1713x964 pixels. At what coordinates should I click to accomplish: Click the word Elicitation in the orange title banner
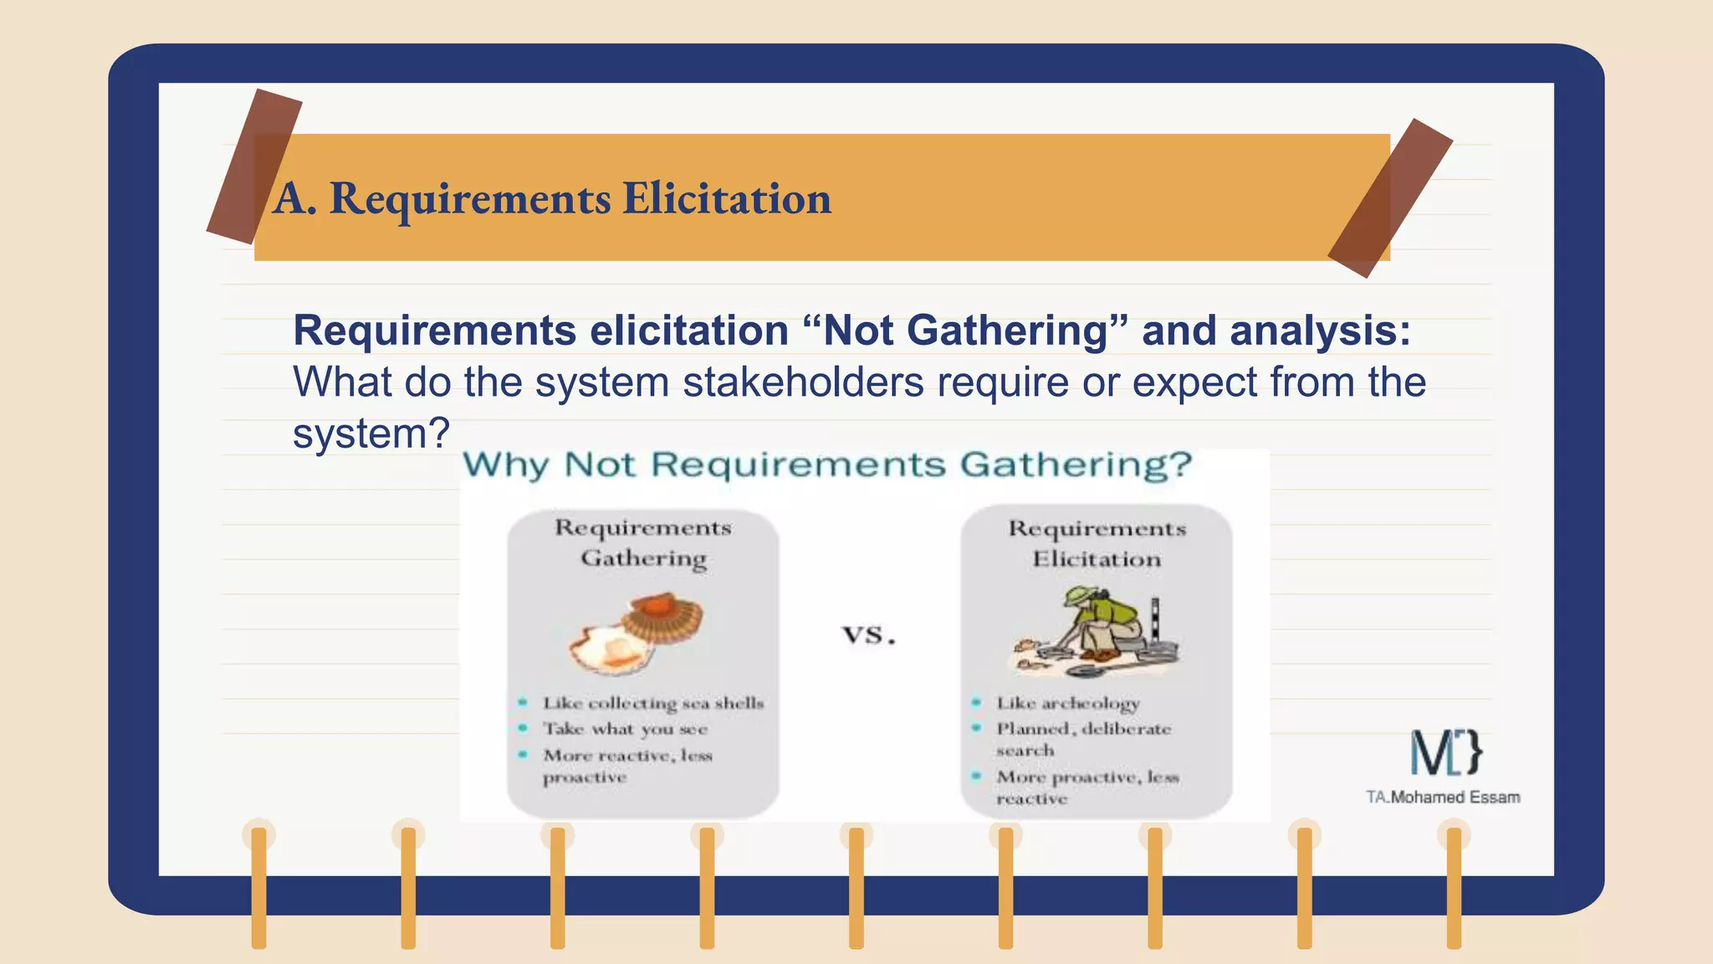point(726,199)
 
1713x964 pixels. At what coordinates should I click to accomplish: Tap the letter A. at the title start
point(294,199)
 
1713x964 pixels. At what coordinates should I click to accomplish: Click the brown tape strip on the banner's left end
point(253,166)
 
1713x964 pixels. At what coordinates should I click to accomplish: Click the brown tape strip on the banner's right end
point(1390,197)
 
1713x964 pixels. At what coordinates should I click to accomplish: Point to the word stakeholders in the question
point(803,382)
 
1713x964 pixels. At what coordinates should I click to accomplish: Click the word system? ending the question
point(371,433)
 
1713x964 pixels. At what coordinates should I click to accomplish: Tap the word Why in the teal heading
point(506,464)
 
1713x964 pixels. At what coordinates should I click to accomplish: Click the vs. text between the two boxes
point(868,634)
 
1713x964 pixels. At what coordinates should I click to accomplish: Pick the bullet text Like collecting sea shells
point(652,703)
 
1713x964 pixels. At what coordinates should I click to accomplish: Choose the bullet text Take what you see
point(625,729)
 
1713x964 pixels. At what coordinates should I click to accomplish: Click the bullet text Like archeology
point(1067,703)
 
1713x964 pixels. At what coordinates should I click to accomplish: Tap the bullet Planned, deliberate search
point(1082,739)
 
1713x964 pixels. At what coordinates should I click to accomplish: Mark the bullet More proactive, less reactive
point(1087,787)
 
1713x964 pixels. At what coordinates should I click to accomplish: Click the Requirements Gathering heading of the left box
point(643,542)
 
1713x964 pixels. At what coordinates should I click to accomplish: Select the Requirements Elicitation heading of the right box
point(1097,543)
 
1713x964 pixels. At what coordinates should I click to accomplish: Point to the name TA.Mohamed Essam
point(1443,797)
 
